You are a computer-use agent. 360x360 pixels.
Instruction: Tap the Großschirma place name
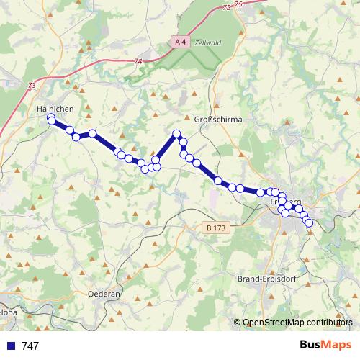click(x=218, y=120)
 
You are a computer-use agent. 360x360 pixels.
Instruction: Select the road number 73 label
click(x=32, y=85)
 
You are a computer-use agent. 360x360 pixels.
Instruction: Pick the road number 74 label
click(x=138, y=62)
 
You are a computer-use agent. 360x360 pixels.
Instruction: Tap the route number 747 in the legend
click(x=30, y=346)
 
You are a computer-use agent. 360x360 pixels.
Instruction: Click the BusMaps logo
click(x=325, y=346)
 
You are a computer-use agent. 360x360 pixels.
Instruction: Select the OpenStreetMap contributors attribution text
click(x=297, y=323)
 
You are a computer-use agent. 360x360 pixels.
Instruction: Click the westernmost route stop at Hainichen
click(x=51, y=119)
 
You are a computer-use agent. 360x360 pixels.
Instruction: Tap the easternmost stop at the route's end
click(x=310, y=223)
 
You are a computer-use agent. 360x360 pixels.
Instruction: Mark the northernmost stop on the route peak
click(x=176, y=133)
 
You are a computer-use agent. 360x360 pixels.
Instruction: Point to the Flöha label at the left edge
click(x=8, y=313)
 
